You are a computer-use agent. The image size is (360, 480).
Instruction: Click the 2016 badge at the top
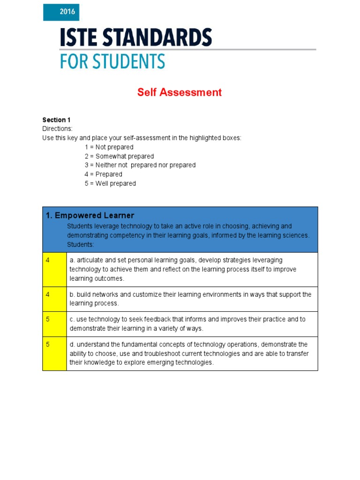(x=61, y=13)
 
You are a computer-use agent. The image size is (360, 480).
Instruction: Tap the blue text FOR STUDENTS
(x=112, y=61)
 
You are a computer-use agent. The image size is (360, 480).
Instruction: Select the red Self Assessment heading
(x=179, y=92)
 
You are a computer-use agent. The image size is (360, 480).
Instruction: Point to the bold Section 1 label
(x=56, y=120)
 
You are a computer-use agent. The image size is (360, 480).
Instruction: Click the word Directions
(x=57, y=129)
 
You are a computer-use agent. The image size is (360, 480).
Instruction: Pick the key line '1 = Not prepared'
(x=109, y=147)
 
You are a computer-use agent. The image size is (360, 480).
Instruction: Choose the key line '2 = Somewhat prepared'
(x=119, y=156)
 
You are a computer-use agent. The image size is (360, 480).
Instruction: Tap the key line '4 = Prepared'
(x=103, y=174)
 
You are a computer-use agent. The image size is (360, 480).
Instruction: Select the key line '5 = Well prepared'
(x=110, y=183)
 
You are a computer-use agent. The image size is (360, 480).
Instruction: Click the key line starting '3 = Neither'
(x=140, y=165)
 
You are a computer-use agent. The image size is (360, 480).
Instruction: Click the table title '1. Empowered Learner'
(x=90, y=216)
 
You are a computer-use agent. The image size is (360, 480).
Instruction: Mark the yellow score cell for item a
(x=54, y=270)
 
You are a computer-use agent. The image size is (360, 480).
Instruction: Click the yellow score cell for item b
(x=54, y=299)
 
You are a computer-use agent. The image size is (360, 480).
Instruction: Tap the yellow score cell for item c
(x=54, y=324)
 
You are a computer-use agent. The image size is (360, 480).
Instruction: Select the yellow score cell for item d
(x=54, y=353)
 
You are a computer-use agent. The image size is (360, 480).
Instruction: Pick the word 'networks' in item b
(x=105, y=294)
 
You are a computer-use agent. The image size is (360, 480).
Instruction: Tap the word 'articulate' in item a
(x=90, y=260)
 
